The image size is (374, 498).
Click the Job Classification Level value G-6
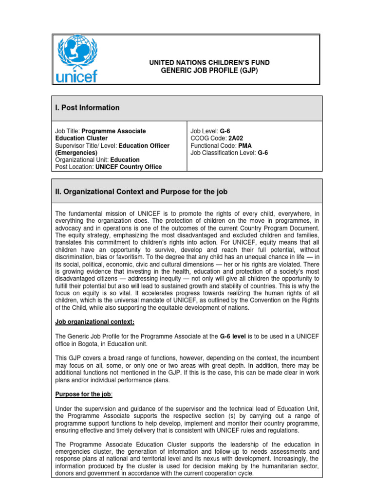point(262,153)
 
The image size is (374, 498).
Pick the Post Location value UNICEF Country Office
point(128,167)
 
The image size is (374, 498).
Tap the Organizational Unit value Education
point(125,160)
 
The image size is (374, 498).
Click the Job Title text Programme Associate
point(113,131)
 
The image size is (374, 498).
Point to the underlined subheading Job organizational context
point(94,322)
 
